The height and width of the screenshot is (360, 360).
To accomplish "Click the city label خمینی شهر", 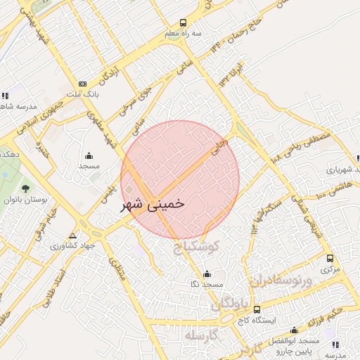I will click(x=153, y=204).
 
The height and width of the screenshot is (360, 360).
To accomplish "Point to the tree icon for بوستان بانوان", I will click(x=26, y=188).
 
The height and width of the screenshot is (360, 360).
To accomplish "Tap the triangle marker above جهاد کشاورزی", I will click(x=73, y=236).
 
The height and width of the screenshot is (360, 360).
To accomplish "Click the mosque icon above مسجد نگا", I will click(x=206, y=274).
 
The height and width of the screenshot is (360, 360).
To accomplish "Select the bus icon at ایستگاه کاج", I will click(x=256, y=309).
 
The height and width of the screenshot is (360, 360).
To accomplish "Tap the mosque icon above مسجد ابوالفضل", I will click(x=293, y=330).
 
